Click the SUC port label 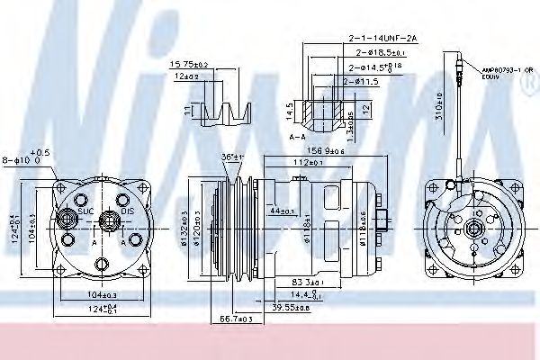86,211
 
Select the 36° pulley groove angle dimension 232,157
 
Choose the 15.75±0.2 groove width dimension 189,65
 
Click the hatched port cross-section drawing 319,109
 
